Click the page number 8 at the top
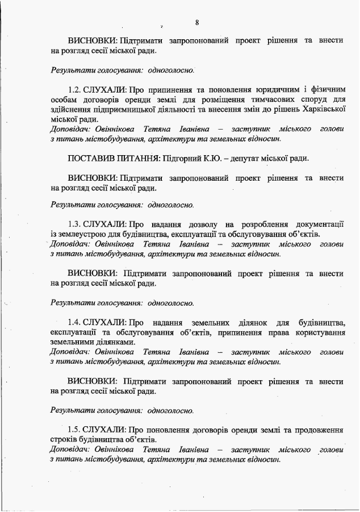(x=196, y=22)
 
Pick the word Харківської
(x=323, y=109)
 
